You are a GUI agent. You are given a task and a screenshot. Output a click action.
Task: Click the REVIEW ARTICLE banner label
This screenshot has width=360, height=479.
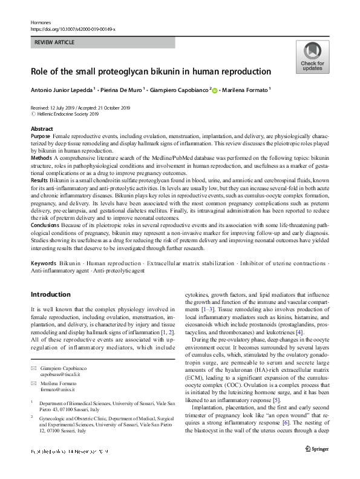tap(55, 43)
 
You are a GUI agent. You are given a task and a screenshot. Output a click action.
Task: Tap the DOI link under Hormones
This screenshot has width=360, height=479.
tap(73, 29)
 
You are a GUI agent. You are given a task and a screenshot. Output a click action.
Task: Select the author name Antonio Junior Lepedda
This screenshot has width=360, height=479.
tap(68, 90)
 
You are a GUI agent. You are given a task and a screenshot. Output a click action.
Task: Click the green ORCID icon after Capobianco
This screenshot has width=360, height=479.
tap(214, 90)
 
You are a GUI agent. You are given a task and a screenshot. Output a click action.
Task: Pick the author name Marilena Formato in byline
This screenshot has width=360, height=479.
tap(246, 90)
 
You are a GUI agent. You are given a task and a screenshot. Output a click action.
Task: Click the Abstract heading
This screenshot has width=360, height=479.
tap(42, 130)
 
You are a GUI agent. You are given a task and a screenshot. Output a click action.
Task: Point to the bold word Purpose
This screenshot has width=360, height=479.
tap(41, 137)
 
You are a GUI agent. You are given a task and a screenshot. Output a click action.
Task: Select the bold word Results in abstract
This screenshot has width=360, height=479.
tap(40, 180)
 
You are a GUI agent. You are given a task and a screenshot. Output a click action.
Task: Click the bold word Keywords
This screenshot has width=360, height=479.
tap(43, 265)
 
